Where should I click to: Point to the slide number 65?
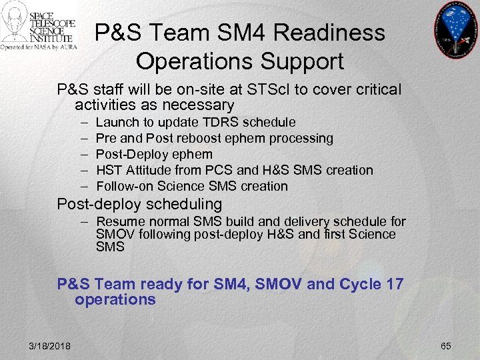[446, 345]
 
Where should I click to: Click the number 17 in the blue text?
[393, 285]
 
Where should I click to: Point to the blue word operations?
[115, 300]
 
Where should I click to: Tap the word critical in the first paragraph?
[378, 90]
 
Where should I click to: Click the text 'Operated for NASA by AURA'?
[39, 47]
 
